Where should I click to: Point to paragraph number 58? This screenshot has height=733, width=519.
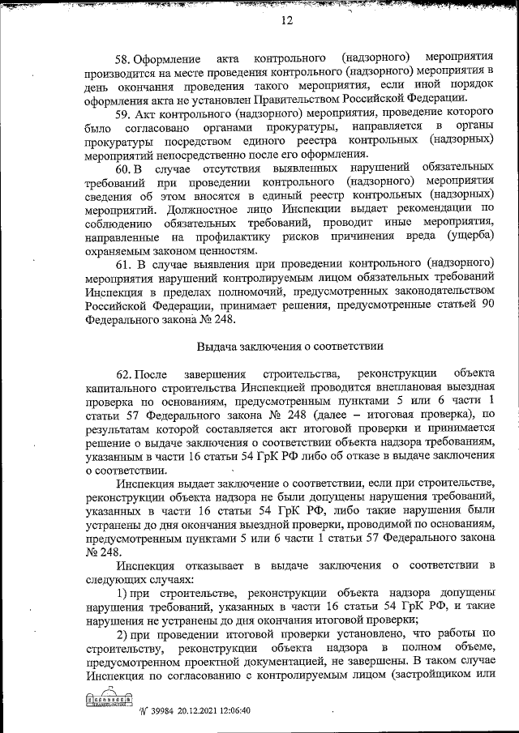point(123,60)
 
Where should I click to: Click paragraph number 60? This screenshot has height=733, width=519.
point(123,168)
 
